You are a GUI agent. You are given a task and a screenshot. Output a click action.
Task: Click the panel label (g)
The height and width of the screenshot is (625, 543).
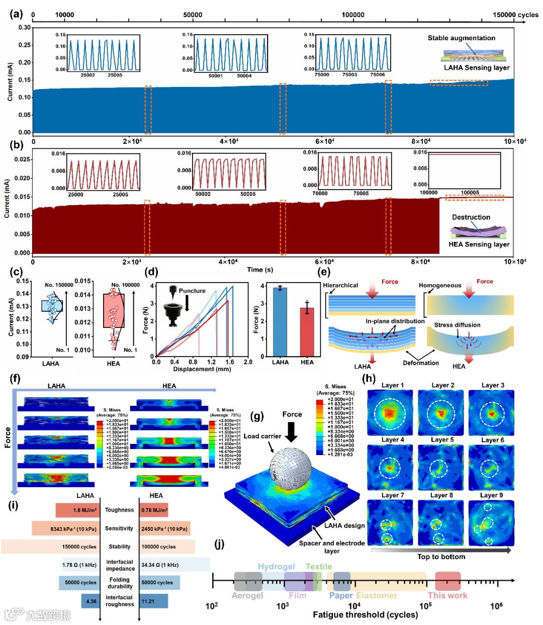[x=256, y=416]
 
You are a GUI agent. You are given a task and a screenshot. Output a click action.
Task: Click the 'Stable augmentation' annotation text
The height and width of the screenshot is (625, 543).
[x=461, y=38]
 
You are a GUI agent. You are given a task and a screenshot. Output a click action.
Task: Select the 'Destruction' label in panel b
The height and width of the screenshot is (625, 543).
[x=471, y=217]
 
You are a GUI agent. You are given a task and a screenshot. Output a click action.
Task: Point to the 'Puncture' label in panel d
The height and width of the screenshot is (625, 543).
[x=192, y=291]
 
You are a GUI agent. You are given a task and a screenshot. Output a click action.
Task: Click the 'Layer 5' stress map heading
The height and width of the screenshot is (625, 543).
[x=442, y=440]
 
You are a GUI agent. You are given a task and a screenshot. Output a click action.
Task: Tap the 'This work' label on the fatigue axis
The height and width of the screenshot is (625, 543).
[x=447, y=595]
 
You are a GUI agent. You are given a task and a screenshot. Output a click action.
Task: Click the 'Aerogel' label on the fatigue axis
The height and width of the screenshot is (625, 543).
[x=247, y=595]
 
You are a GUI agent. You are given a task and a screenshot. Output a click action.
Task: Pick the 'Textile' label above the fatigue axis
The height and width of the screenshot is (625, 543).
[x=319, y=567]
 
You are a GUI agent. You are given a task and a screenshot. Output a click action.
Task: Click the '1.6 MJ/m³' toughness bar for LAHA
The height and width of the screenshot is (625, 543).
[x=78, y=510]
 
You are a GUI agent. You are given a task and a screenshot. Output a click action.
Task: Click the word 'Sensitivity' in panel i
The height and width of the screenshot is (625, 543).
[x=119, y=528]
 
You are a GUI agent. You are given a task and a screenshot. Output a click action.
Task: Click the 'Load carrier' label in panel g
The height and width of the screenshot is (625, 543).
[x=262, y=436]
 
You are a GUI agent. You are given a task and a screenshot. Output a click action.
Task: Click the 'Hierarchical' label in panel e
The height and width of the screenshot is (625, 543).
[x=340, y=285]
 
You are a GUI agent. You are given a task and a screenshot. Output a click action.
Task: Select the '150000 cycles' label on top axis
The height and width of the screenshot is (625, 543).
[x=515, y=15]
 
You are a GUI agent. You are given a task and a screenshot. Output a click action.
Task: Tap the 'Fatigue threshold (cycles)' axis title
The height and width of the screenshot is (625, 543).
[x=365, y=614]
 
